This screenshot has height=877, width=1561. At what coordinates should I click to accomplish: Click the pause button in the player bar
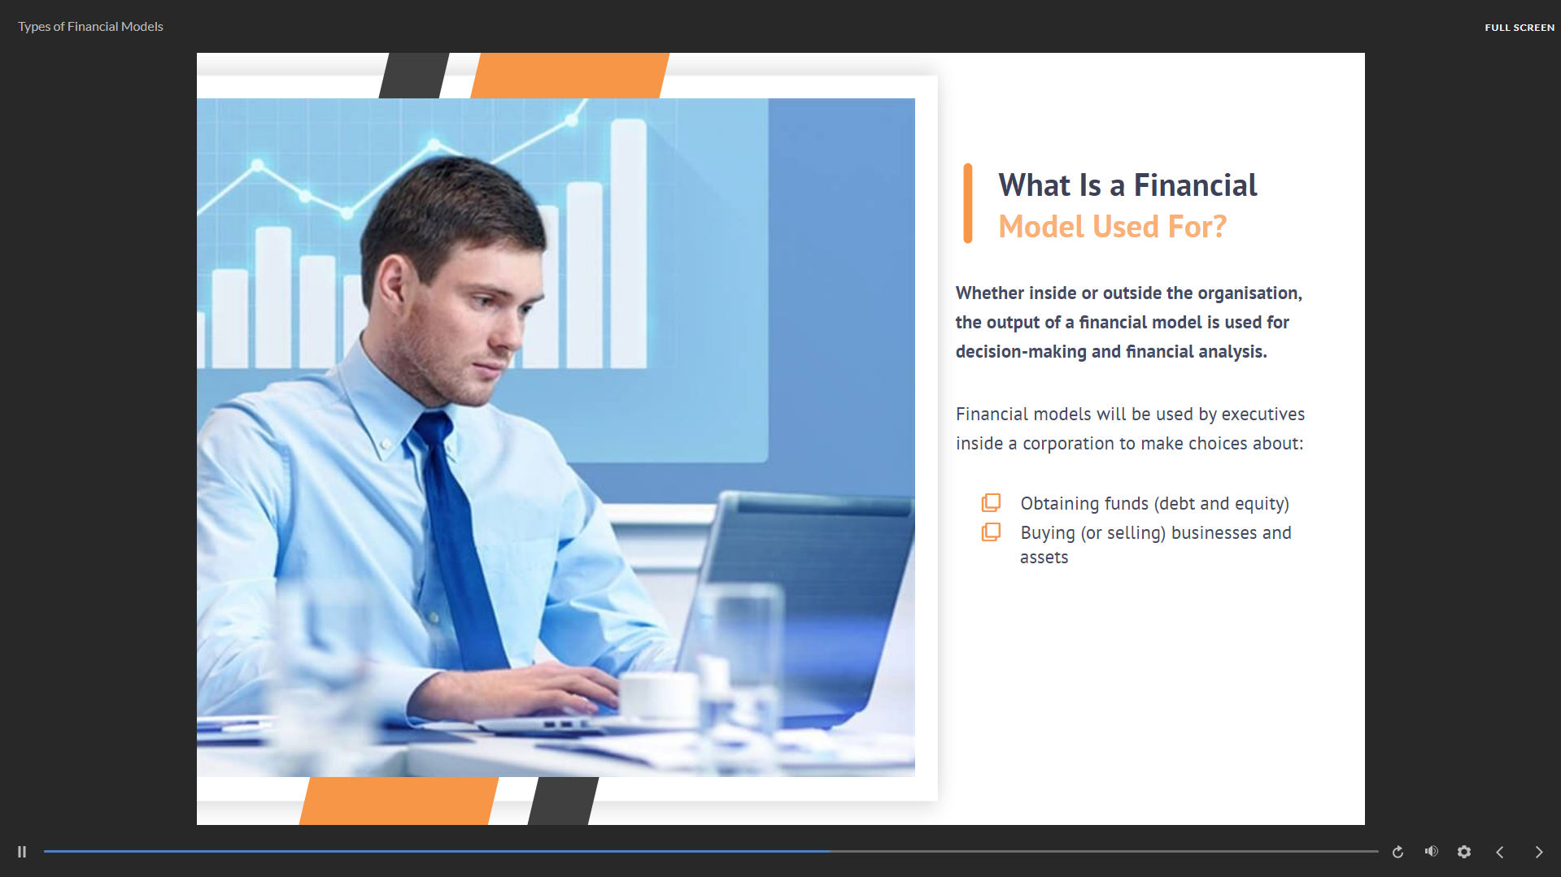tap(22, 852)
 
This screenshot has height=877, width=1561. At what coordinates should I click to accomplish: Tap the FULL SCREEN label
tap(1519, 28)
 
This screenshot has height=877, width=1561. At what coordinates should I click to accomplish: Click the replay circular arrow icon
tap(1397, 852)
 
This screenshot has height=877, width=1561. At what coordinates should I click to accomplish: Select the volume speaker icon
tap(1432, 851)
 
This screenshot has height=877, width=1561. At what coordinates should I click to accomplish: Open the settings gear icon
tap(1464, 852)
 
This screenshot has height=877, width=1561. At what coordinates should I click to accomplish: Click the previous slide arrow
tap(1500, 852)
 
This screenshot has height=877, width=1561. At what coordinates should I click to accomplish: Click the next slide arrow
tap(1538, 852)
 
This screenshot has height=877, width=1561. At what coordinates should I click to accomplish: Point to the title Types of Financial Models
tap(90, 27)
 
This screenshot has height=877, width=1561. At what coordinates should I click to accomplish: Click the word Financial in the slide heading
tap(1195, 185)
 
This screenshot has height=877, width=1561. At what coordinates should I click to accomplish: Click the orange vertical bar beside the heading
tap(968, 203)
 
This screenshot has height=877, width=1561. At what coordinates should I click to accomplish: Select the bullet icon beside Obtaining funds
tap(991, 502)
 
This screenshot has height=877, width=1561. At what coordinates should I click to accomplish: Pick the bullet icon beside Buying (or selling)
tap(991, 532)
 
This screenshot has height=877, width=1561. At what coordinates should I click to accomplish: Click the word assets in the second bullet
tap(1044, 558)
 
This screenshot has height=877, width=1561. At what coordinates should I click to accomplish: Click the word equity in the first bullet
tap(1259, 504)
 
